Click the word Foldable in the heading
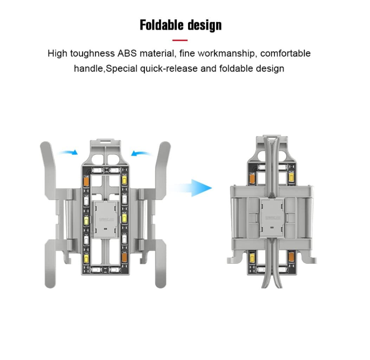tap(162, 25)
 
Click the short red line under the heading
tap(180, 40)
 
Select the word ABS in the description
tap(127, 53)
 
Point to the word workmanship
tap(227, 53)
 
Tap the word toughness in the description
tap(92, 54)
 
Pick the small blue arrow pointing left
tap(141, 153)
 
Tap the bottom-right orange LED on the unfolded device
tap(124, 257)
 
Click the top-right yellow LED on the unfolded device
tap(124, 180)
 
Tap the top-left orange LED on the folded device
tap(252, 178)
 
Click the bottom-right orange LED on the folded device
tap(291, 257)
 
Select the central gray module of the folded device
tap(272, 217)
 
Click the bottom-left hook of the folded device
tap(234, 258)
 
